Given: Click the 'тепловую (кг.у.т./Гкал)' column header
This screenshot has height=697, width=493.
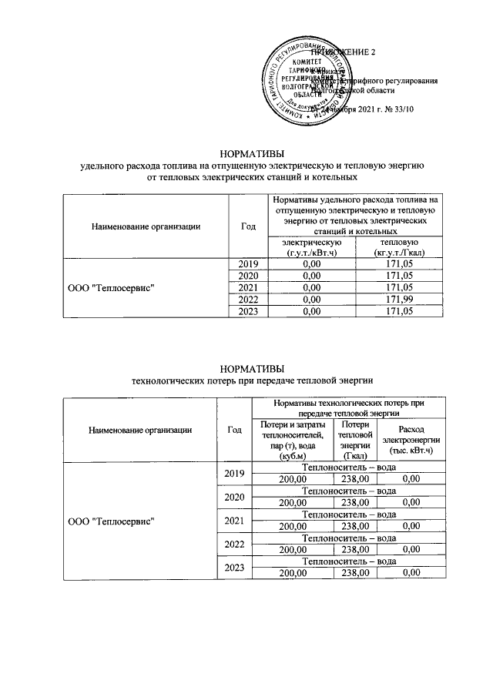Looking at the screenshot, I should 397,248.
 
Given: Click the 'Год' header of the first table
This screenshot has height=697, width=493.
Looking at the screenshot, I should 247,226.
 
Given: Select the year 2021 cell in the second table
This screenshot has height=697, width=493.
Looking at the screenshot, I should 233,521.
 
